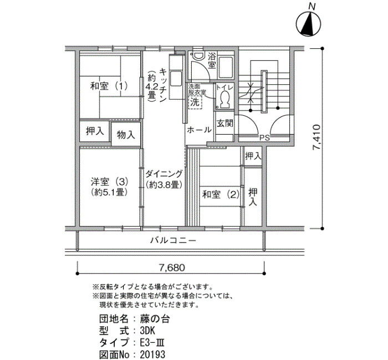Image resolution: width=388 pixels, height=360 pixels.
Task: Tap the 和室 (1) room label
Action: (x=109, y=86)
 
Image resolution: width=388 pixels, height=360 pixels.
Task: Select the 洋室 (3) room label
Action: (x=109, y=182)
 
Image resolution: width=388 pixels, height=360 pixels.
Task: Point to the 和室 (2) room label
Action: (x=221, y=194)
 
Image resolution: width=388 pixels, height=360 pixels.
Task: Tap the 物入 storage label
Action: (x=126, y=135)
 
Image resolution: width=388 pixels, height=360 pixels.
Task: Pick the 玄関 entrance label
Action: (x=225, y=123)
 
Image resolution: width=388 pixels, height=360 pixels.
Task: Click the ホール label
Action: (x=199, y=130)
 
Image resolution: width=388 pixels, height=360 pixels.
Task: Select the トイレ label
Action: (x=224, y=88)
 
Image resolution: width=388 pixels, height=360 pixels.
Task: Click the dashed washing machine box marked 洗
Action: (x=195, y=102)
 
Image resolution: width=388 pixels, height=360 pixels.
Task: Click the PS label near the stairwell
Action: (x=264, y=138)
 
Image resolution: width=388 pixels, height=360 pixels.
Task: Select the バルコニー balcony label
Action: (x=173, y=240)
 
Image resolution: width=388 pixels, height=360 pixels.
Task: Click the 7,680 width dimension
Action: (x=172, y=268)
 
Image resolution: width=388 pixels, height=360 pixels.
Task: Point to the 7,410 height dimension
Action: (x=316, y=137)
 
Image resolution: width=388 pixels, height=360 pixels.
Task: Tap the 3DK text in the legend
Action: (x=147, y=331)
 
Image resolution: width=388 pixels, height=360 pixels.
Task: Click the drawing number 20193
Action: (x=152, y=354)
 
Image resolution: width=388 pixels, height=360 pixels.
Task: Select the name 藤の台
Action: (x=155, y=319)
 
